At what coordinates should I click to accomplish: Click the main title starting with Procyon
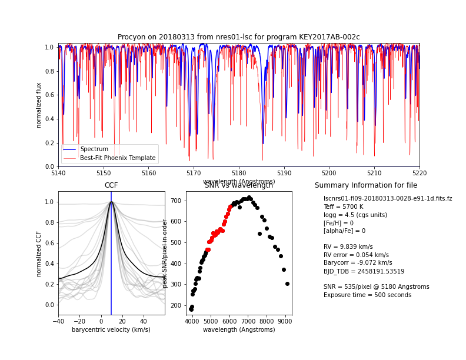(x=239, y=37)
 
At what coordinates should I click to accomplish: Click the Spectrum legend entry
(x=94, y=149)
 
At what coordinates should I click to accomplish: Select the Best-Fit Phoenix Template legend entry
(x=118, y=158)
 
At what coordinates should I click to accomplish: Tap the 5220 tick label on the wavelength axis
(x=420, y=173)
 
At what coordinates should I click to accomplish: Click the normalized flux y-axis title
(x=39, y=105)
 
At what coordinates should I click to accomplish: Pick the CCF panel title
(x=111, y=185)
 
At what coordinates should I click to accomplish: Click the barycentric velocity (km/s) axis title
(x=111, y=330)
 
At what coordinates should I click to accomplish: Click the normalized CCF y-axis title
(x=39, y=254)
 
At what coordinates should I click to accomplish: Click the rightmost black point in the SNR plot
(x=287, y=284)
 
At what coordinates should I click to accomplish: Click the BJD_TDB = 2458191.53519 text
(x=364, y=271)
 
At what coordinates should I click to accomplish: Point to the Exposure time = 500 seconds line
(x=367, y=295)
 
